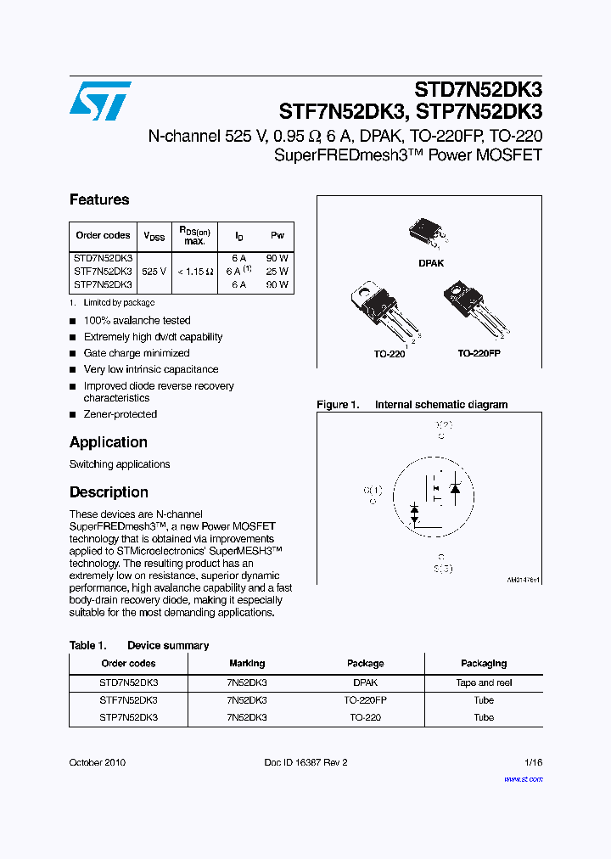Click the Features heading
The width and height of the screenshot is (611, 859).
click(99, 199)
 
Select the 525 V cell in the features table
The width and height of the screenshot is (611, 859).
click(154, 272)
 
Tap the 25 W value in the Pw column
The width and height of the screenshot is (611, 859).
click(277, 272)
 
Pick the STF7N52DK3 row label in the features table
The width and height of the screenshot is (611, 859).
click(103, 272)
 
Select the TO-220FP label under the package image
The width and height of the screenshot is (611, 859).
click(479, 353)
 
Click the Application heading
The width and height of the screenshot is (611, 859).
click(109, 442)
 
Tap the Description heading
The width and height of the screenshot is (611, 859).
click(109, 492)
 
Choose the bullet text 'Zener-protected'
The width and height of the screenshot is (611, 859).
click(121, 414)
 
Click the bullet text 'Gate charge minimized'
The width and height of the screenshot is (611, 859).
click(137, 353)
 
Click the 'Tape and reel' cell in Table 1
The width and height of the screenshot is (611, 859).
click(484, 682)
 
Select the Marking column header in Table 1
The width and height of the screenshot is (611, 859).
click(247, 663)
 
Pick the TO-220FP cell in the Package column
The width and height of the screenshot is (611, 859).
click(366, 700)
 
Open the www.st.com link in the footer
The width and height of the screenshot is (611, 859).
click(523, 778)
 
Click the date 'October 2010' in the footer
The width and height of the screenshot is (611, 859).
click(98, 762)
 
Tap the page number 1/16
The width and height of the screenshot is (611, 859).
click(533, 762)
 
